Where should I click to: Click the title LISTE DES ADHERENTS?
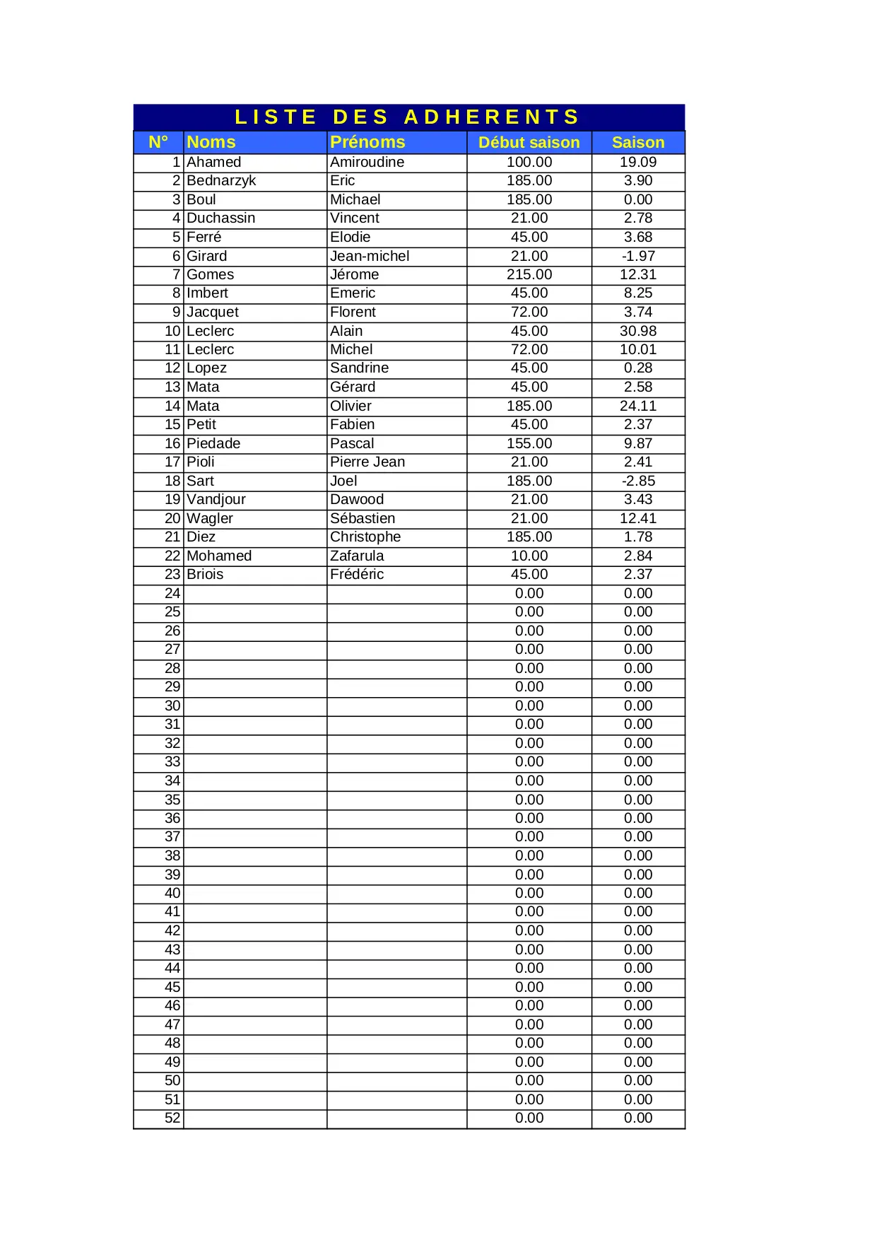point(407,117)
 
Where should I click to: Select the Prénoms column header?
point(367,142)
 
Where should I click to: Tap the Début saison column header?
point(529,142)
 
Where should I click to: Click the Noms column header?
point(211,142)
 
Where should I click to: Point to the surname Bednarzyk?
point(221,181)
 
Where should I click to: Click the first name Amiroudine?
point(367,162)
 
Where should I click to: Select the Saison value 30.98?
point(637,331)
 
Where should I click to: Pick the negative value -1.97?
point(637,256)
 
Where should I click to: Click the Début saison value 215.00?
point(529,274)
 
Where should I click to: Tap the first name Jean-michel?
point(370,256)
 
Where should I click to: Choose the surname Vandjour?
point(216,499)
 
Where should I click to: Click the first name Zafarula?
point(357,556)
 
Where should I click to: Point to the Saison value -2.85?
point(637,481)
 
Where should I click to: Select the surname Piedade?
point(213,443)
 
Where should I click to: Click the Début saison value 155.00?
point(529,443)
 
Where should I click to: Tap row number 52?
point(172,1118)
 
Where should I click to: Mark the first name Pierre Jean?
point(367,462)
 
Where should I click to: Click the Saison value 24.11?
point(637,406)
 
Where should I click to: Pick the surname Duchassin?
point(221,218)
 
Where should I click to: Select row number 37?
point(172,837)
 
